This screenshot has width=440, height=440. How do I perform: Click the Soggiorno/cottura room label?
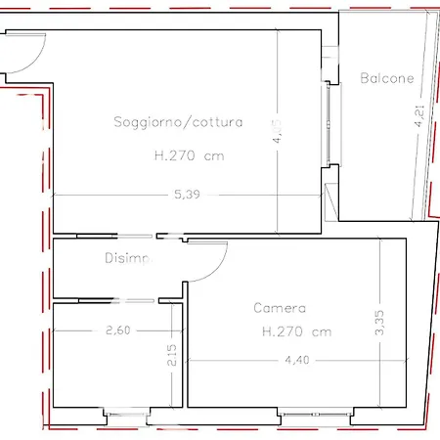[178, 122]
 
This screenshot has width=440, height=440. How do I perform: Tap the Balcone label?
[387, 78]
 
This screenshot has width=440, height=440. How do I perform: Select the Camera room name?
[281, 308]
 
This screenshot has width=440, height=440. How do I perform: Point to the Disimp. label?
[128, 259]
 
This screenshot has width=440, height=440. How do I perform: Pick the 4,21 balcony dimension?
[419, 118]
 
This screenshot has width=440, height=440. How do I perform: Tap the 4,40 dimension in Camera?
[296, 359]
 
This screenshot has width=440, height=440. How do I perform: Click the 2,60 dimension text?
[117, 330]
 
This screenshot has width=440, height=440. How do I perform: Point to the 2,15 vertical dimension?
[172, 354]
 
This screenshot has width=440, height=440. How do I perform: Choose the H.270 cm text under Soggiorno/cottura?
[183, 154]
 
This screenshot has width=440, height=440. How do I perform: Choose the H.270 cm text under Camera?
[296, 331]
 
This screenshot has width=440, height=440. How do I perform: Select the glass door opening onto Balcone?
[329, 122]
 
